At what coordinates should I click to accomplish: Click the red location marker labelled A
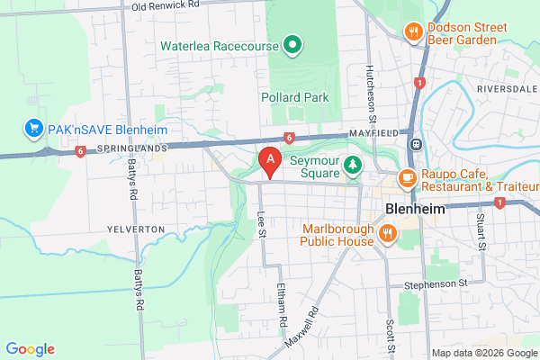coord(268,161)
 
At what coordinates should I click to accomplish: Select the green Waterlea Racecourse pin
coord(292,44)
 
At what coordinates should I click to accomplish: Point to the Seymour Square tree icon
coord(354,164)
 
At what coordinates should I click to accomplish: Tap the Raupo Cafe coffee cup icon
coord(406,177)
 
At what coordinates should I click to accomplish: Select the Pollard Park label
coord(294,97)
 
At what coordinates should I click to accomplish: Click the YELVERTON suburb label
coord(136,229)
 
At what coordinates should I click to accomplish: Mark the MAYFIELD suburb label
coord(373,133)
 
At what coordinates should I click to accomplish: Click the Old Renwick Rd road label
coord(165,6)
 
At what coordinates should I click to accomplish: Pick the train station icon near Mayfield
coord(417,143)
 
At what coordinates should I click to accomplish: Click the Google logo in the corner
coord(30,349)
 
